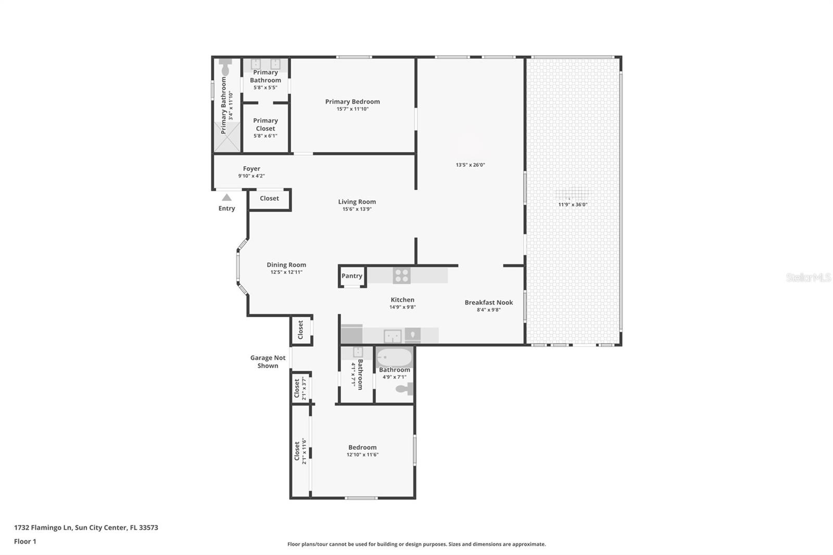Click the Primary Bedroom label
pos(352,102)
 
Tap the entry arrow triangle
pos(226,197)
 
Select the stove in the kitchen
pos(401,275)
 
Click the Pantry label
pos(352,276)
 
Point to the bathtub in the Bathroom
pos(394,357)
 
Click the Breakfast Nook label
pos(489,302)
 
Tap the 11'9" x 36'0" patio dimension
pos(573,205)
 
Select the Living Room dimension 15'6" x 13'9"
pos(357,209)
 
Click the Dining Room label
pos(286,265)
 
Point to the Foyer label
pos(251,169)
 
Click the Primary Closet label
pos(266,124)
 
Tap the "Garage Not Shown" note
pos(268,361)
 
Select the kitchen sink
pos(393,336)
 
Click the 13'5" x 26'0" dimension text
pos(471,165)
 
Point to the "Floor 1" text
pos(25,541)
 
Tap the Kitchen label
pos(402,300)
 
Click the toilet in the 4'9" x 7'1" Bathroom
pos(404,389)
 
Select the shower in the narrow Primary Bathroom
pos(227,137)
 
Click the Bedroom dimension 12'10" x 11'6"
pos(362,455)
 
